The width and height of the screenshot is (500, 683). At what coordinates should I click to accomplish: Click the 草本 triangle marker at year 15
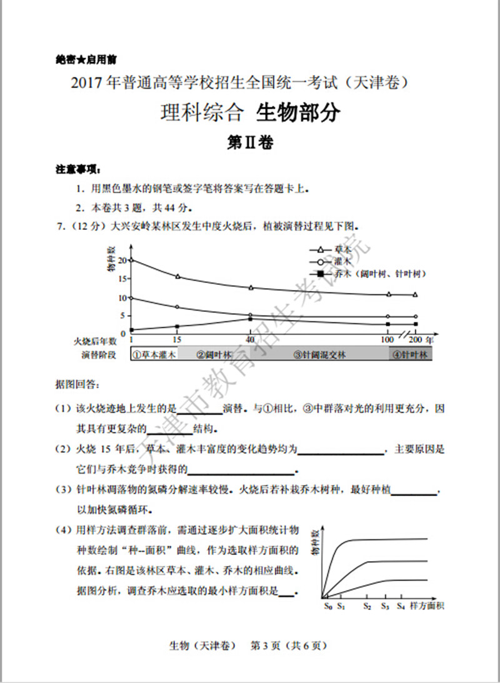(x=178, y=276)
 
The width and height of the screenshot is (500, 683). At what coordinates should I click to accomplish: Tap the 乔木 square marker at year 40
(x=251, y=319)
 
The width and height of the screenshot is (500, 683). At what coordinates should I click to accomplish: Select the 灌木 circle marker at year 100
(x=388, y=317)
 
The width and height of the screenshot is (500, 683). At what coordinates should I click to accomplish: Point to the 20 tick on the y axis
(x=122, y=260)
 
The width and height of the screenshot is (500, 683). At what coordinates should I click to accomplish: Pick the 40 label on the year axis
(x=250, y=340)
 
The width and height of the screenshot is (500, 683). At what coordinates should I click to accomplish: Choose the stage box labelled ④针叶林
(x=410, y=355)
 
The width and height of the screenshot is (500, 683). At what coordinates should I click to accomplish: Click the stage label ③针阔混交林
(x=319, y=355)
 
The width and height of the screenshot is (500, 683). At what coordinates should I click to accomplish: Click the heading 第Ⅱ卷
(x=250, y=143)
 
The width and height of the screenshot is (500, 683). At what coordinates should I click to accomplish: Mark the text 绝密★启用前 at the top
(x=86, y=60)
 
